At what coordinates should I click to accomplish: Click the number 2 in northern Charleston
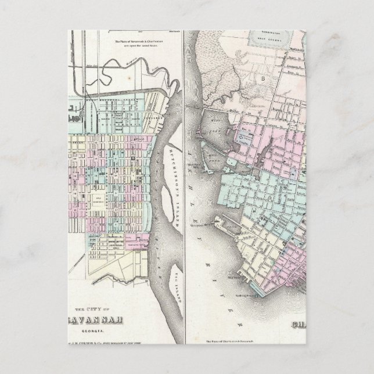[264, 76]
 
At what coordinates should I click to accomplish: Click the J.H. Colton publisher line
[107, 342]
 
